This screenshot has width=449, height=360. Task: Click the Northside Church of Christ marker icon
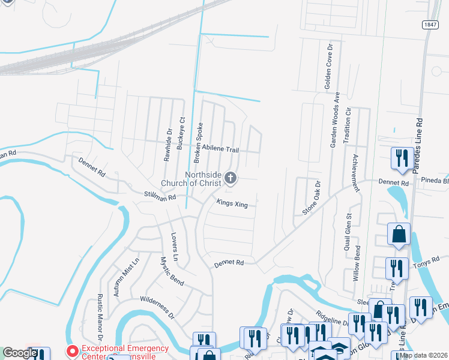231,178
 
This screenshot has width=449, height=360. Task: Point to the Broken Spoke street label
197,143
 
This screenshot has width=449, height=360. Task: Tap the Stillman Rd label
160,196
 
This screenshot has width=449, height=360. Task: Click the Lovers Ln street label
175,246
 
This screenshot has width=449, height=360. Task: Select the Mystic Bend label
172,271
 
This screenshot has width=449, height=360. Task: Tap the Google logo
19,353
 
